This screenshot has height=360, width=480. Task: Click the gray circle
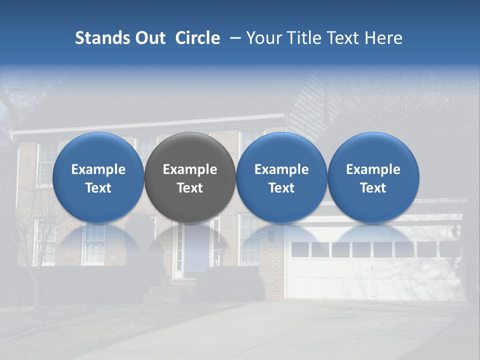click(x=190, y=177)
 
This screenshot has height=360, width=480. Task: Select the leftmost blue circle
click(x=98, y=177)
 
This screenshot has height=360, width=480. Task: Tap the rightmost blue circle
click(x=373, y=177)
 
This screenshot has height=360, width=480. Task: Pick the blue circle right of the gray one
click(x=281, y=177)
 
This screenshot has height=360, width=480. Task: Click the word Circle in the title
click(x=197, y=38)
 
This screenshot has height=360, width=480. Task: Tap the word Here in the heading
click(x=383, y=38)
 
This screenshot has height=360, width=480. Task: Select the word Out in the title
click(x=149, y=38)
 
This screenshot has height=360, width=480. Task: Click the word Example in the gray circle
click(x=190, y=169)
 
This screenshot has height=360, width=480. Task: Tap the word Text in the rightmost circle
click(x=373, y=188)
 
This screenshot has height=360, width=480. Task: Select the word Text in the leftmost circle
click(x=98, y=188)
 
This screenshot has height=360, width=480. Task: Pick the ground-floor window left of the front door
click(x=93, y=245)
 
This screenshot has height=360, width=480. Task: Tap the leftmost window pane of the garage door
click(x=300, y=249)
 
